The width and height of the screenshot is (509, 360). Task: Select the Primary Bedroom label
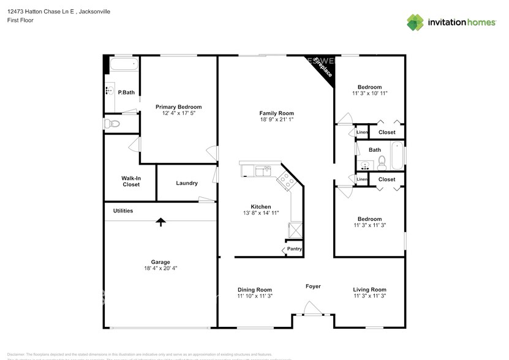[x=178, y=107]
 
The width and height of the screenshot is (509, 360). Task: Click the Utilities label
[x=123, y=211]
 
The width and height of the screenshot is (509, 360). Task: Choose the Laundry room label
[x=187, y=183]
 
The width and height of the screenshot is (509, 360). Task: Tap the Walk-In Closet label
[x=130, y=181]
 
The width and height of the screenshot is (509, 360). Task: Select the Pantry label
[x=295, y=249]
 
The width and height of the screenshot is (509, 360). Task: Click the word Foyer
[x=313, y=287]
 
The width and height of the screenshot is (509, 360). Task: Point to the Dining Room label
[x=255, y=290]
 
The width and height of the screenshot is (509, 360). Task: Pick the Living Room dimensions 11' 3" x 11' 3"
[x=369, y=296]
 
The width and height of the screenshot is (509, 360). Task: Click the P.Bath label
[x=126, y=92]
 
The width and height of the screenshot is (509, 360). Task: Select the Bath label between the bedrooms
[x=374, y=149]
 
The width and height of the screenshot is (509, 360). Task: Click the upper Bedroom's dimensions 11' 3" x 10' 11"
[x=369, y=93]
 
